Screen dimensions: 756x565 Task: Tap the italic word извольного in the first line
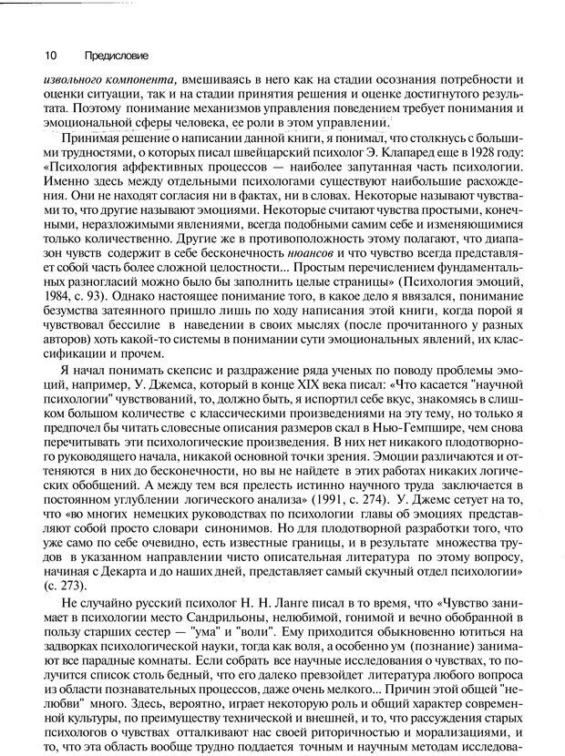[74, 78]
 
